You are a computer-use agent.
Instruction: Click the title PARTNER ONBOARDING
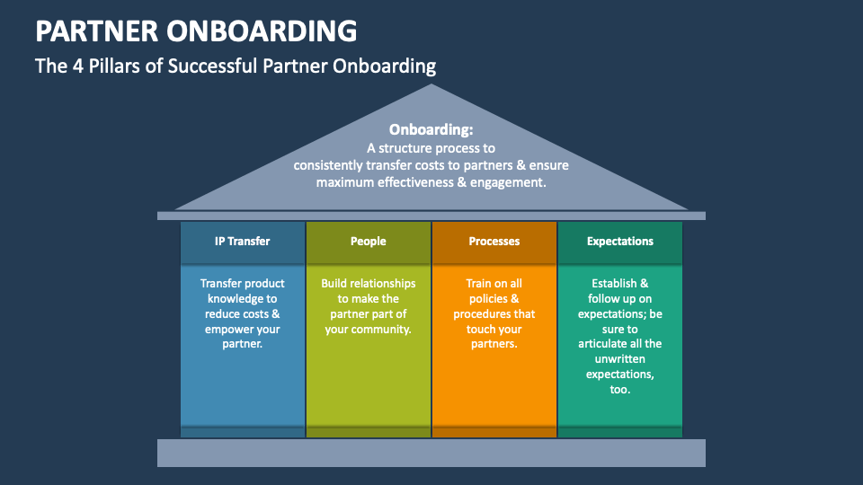[x=196, y=31]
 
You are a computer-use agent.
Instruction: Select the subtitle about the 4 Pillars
[x=236, y=66]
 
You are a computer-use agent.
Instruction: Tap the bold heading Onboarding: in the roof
[x=431, y=129]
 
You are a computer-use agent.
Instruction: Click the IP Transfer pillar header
[x=243, y=242]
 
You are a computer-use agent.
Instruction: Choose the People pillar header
[x=369, y=242]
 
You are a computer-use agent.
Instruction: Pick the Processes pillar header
[x=494, y=242]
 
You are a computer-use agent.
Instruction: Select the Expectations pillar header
[x=620, y=242]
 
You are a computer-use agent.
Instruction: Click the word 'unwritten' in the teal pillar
[x=620, y=359]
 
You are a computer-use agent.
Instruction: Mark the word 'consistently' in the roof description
[x=328, y=166]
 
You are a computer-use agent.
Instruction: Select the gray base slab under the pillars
[x=431, y=453]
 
